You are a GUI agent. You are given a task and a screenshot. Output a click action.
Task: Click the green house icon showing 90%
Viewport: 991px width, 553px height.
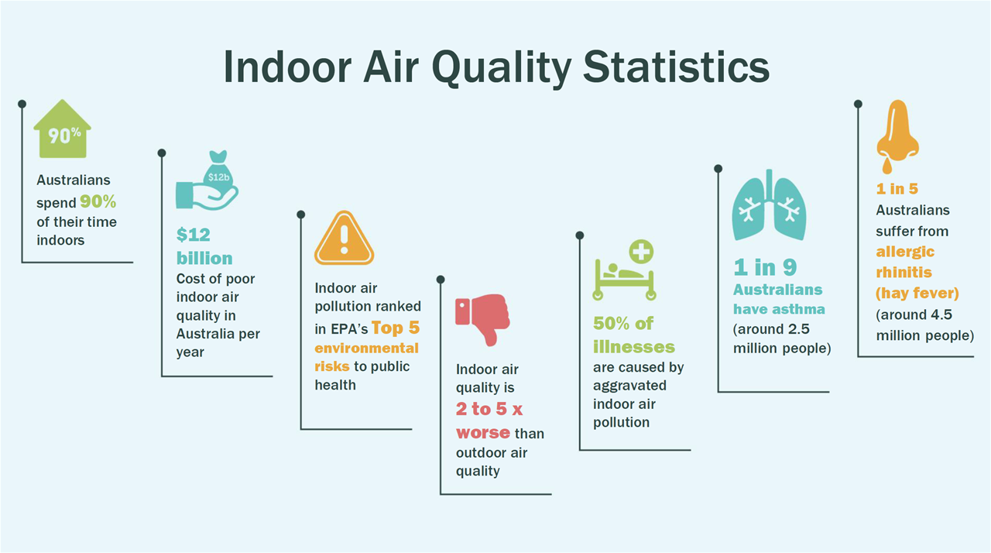click(x=63, y=129)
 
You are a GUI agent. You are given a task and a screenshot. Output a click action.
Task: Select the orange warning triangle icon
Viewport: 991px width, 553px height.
click(x=345, y=238)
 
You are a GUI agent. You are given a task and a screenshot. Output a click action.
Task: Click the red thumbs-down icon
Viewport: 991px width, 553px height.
click(x=482, y=319)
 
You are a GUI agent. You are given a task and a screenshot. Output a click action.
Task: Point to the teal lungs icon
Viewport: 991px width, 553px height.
click(x=770, y=204)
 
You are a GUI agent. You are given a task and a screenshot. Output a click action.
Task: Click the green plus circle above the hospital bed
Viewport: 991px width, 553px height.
click(x=642, y=252)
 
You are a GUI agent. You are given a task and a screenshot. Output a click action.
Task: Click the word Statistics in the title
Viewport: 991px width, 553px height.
click(x=677, y=67)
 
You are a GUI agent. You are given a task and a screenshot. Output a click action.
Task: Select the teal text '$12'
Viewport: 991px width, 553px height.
click(x=194, y=235)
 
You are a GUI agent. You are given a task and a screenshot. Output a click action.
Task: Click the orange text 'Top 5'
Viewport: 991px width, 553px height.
click(x=396, y=328)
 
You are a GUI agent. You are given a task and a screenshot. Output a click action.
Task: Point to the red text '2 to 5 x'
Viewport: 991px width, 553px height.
click(x=489, y=409)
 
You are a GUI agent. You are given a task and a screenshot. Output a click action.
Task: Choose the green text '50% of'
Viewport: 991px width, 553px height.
click(x=623, y=324)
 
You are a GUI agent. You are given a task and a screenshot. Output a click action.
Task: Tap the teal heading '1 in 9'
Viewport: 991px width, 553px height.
click(x=765, y=267)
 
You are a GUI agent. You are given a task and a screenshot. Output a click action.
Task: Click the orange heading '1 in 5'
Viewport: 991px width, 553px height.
click(x=897, y=189)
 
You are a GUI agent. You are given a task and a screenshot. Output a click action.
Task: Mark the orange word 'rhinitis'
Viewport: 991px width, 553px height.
click(x=904, y=272)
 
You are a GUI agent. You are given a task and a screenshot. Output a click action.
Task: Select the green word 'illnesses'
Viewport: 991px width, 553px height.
click(x=634, y=347)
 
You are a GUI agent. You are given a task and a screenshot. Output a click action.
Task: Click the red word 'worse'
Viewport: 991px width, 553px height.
click(x=483, y=433)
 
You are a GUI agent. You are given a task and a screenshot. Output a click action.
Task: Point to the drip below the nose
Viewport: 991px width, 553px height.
click(x=887, y=166)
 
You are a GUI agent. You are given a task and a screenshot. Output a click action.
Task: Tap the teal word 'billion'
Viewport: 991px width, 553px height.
click(x=204, y=259)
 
